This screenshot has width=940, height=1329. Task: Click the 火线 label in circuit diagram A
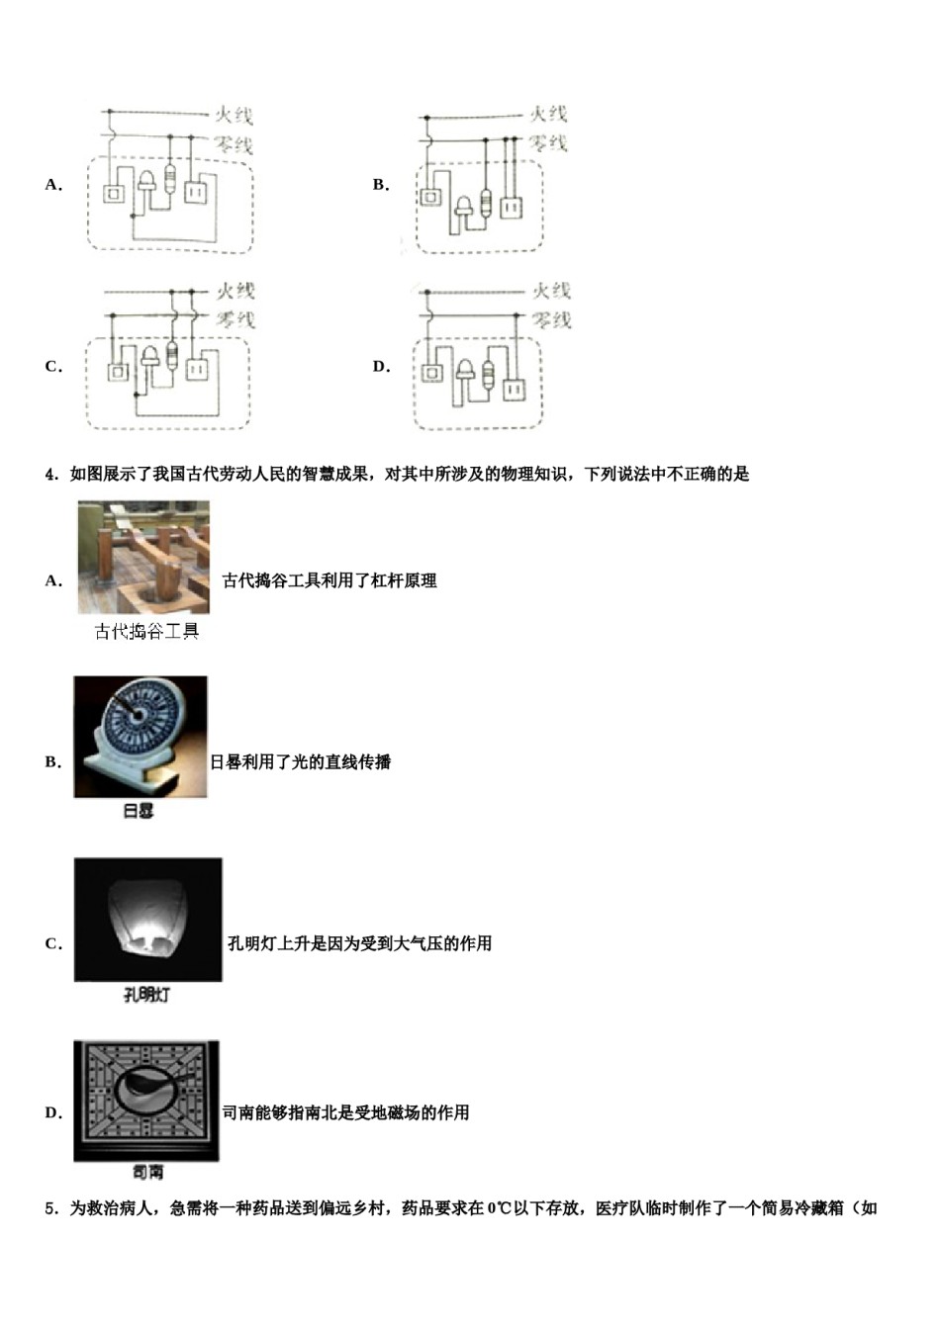point(235,117)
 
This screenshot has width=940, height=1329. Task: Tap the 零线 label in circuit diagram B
point(547,143)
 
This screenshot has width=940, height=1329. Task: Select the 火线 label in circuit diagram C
point(235,291)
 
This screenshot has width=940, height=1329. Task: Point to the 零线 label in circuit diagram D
point(551,320)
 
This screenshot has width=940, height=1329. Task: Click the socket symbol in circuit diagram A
point(198,190)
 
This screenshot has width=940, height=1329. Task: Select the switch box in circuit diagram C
point(117,371)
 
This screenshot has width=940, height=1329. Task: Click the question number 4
point(50,475)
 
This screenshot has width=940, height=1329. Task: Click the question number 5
point(50,1208)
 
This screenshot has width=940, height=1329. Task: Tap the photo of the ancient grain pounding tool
point(143,558)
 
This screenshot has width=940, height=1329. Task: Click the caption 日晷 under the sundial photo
point(139,812)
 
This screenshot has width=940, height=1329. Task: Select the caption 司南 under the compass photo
point(147,1173)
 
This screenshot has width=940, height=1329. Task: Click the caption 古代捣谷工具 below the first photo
point(146,632)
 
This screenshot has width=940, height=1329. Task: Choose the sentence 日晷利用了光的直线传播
point(300,762)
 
